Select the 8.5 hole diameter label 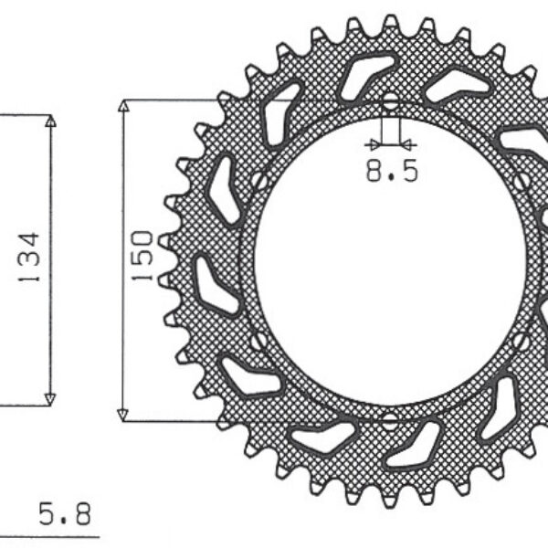(x=392, y=171)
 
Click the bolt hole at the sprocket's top (x=391, y=100)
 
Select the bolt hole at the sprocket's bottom (x=391, y=420)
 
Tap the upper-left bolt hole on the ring (x=259, y=181)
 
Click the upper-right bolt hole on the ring (x=522, y=181)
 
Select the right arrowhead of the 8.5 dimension (x=408, y=144)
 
